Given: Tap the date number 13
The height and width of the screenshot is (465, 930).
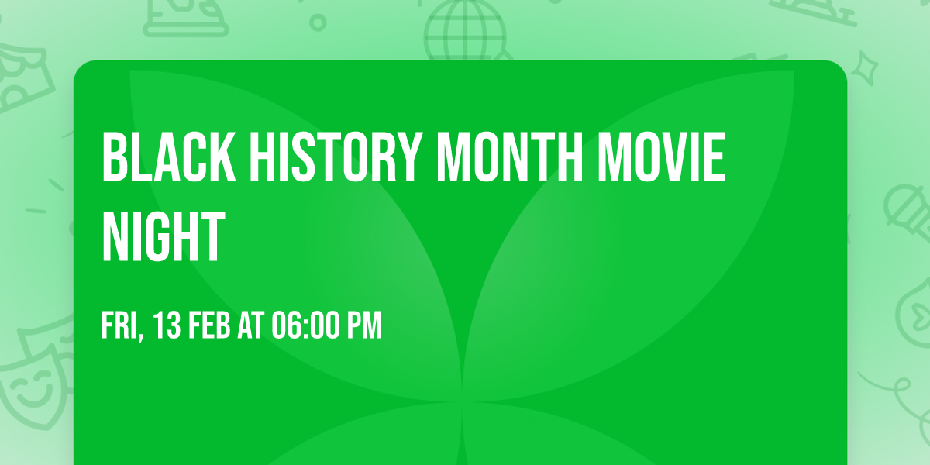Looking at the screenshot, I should tap(167, 326).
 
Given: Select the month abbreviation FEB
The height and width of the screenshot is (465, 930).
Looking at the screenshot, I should tap(209, 326).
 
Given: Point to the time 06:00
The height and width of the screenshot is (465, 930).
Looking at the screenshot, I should tap(305, 326).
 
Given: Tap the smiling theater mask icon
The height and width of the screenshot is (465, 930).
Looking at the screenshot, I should tap(31, 387).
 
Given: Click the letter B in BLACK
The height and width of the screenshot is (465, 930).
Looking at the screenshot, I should tap(113, 157).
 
